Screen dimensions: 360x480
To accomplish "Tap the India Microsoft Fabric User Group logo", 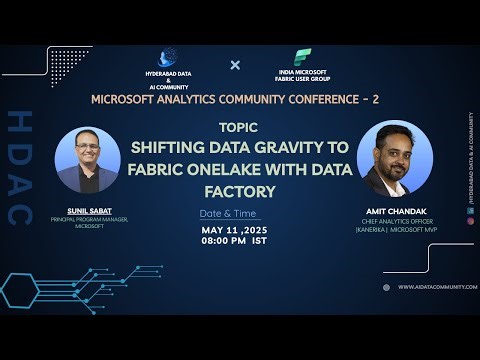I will [300, 57].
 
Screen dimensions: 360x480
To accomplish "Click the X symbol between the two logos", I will [236, 65].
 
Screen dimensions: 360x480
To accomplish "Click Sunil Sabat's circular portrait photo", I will [88, 160].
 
